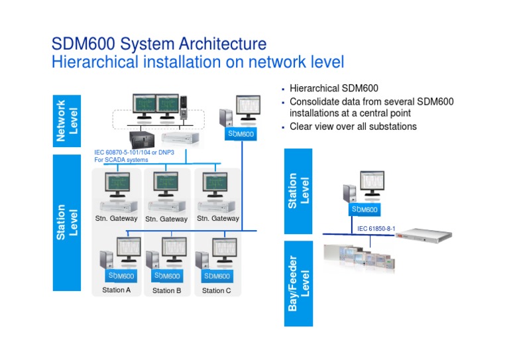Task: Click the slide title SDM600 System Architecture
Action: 159,44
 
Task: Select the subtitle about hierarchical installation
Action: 198,62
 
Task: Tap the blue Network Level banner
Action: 66,121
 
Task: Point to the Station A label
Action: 117,290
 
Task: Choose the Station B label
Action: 166,290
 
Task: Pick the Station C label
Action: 217,290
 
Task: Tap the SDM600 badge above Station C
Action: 217,276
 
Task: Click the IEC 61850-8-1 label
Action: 376,228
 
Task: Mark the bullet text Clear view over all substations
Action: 353,126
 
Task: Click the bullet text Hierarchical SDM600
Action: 334,88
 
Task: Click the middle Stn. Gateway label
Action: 166,219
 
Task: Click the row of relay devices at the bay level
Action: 358,256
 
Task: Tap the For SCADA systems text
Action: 121,160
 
